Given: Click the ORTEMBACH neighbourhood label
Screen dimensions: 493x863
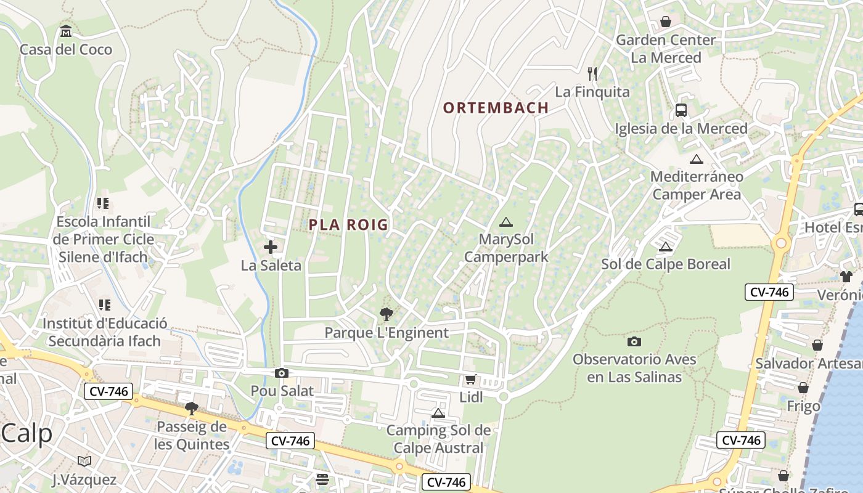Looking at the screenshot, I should coord(496,107).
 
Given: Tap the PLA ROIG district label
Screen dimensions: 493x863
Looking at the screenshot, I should coord(348,225).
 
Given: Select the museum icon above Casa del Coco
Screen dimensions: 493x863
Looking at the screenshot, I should coord(66,31).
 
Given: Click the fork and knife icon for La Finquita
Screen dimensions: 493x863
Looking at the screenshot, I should coord(592,74).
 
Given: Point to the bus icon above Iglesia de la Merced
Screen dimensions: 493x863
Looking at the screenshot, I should coord(681,110).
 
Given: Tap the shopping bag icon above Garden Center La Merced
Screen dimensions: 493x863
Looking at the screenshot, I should coord(666,22).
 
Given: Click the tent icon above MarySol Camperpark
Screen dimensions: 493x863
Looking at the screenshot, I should coord(505,222).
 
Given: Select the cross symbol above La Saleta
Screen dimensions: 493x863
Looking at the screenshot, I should coord(270,248).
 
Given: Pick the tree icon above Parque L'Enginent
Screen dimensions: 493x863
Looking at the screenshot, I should coord(387,315).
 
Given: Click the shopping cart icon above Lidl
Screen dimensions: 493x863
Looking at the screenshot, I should coord(470,379).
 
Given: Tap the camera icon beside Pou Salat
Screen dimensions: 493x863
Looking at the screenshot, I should coord(282,373).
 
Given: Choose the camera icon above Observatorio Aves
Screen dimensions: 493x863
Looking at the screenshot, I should coord(634,341).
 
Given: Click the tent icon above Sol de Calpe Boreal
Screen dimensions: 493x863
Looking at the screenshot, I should coord(665,247).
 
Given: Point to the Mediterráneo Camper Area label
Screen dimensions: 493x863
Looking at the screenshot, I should coord(697,185).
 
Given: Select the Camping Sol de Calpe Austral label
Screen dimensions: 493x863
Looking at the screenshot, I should coord(438,439).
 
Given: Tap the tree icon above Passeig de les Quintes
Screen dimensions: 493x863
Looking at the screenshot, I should coord(191,408).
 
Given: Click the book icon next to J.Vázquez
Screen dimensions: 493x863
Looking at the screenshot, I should coord(84,461).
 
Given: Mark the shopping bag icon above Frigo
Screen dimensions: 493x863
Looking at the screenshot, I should coord(803,388).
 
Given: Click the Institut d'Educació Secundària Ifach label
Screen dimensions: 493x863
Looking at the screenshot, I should coord(104,332).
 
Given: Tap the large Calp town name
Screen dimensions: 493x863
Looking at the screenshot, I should coord(27,433).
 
